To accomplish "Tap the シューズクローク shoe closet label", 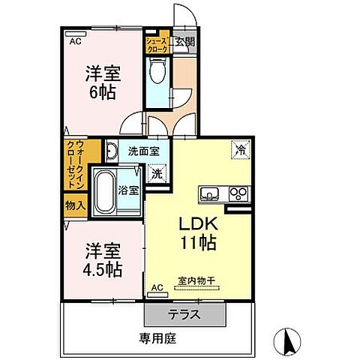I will pyautogui.click(x=157, y=43).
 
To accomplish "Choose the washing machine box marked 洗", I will pyautogui.click(x=157, y=173).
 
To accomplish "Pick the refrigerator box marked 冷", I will pyautogui.click(x=241, y=149).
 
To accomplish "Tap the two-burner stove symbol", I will pyautogui.click(x=239, y=193).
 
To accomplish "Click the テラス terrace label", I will pyautogui.click(x=184, y=314).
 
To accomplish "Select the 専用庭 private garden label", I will pyautogui.click(x=157, y=338).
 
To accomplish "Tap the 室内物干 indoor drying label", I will pyautogui.click(x=196, y=282).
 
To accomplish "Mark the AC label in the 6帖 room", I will pyautogui.click(x=74, y=42).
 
